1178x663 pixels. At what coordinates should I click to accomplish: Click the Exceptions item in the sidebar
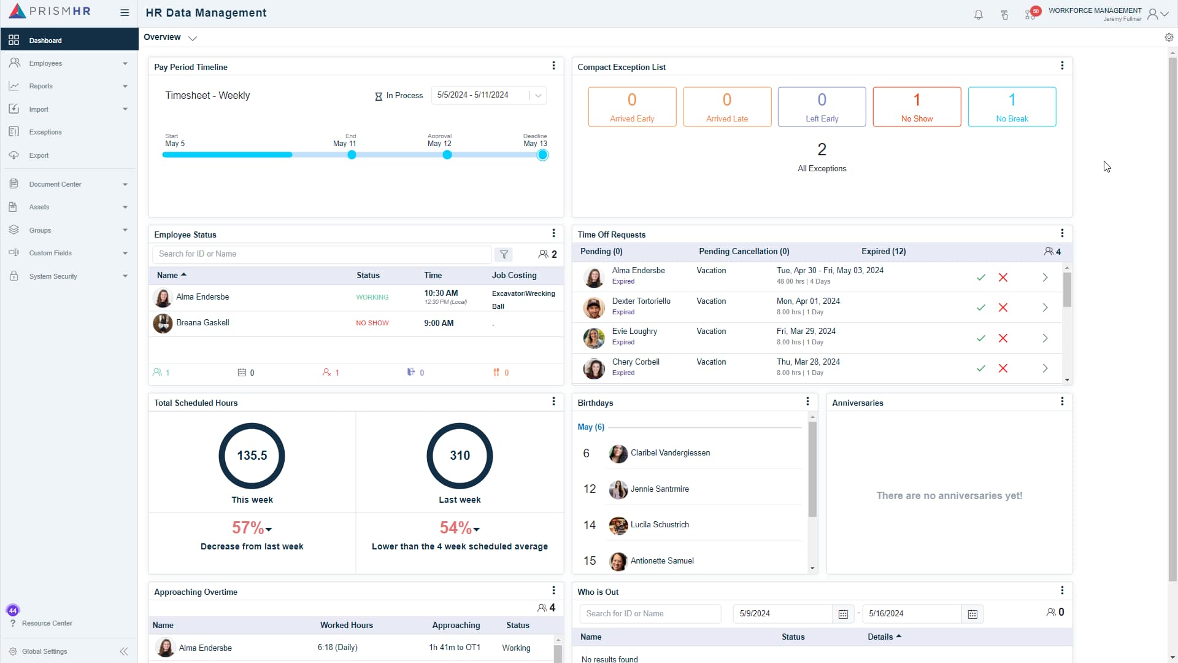pos(45,132)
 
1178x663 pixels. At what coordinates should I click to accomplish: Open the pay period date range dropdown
pos(538,95)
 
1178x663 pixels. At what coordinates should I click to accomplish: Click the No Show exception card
pos(917,107)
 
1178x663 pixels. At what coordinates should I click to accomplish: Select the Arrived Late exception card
pos(726,107)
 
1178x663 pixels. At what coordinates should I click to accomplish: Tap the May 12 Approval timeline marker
pos(447,155)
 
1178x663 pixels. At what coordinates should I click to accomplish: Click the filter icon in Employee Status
pos(504,254)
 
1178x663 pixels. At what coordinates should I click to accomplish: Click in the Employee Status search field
pos(321,254)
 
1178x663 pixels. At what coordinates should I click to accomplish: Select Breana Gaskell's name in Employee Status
pos(202,323)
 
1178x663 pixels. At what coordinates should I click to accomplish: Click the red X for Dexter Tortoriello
pos(1003,308)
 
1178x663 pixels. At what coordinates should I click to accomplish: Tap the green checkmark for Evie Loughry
pos(981,338)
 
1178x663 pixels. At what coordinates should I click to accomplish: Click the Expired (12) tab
pos(883,252)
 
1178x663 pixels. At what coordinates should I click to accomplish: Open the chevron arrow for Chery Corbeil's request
pos(1045,368)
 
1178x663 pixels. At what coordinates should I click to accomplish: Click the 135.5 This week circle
pos(252,456)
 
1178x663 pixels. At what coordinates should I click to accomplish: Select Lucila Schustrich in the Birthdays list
pos(660,525)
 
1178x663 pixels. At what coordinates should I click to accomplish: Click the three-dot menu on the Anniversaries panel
pos(1062,401)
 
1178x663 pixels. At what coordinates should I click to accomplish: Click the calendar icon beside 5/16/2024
pos(972,614)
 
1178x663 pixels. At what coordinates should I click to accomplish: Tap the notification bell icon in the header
pos(979,15)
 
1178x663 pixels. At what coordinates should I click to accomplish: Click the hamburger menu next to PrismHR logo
pos(125,13)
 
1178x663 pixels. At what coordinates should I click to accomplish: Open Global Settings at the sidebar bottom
pos(44,651)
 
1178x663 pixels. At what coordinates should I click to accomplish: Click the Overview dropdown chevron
pos(193,38)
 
